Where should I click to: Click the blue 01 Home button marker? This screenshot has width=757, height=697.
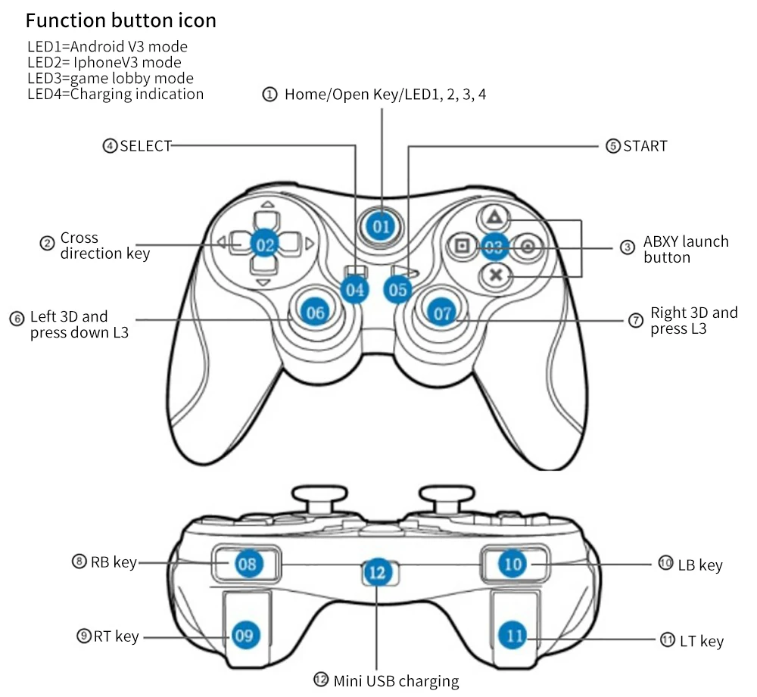(x=381, y=226)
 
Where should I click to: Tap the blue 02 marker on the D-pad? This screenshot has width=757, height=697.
(x=265, y=244)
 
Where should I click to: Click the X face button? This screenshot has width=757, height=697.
(x=495, y=275)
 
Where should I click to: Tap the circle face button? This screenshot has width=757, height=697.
(x=528, y=246)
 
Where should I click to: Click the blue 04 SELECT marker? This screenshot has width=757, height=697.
(x=354, y=289)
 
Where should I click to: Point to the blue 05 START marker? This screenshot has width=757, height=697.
(x=399, y=288)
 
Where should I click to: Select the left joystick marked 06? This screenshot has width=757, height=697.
(x=316, y=312)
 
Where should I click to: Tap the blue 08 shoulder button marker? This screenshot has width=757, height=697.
(x=247, y=563)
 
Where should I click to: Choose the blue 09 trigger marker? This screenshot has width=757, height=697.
(x=244, y=635)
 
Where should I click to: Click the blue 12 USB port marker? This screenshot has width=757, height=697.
(x=377, y=572)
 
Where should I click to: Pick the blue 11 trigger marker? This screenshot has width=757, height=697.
(x=515, y=635)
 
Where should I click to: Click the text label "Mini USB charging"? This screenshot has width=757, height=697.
(x=396, y=680)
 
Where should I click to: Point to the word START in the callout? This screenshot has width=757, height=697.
(x=645, y=146)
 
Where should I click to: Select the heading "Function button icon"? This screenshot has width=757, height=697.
(x=121, y=20)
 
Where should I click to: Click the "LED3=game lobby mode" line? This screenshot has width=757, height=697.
(x=111, y=78)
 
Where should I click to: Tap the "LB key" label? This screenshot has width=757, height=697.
(x=700, y=565)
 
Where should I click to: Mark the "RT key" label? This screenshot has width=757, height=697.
(x=116, y=636)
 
